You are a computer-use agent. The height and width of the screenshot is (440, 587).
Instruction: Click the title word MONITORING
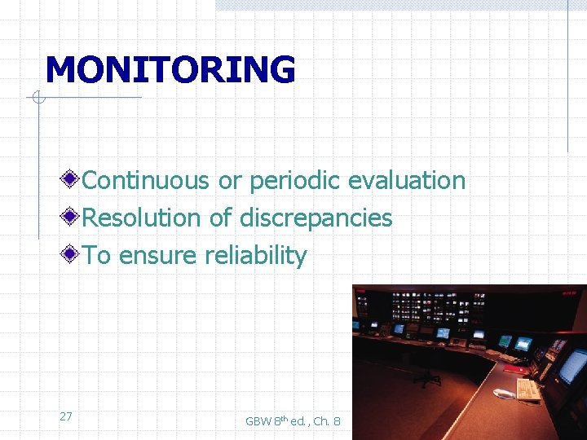tap(170, 70)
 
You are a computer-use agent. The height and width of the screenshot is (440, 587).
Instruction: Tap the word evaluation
tap(407, 180)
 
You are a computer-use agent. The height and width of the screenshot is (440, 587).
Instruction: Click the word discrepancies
tap(316, 218)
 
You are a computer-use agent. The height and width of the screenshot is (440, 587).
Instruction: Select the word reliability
tap(255, 255)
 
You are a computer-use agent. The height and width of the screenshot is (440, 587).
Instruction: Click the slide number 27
tap(66, 416)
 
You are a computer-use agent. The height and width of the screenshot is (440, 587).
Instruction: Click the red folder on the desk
tap(515, 368)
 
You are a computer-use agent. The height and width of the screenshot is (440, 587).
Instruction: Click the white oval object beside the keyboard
tap(504, 394)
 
